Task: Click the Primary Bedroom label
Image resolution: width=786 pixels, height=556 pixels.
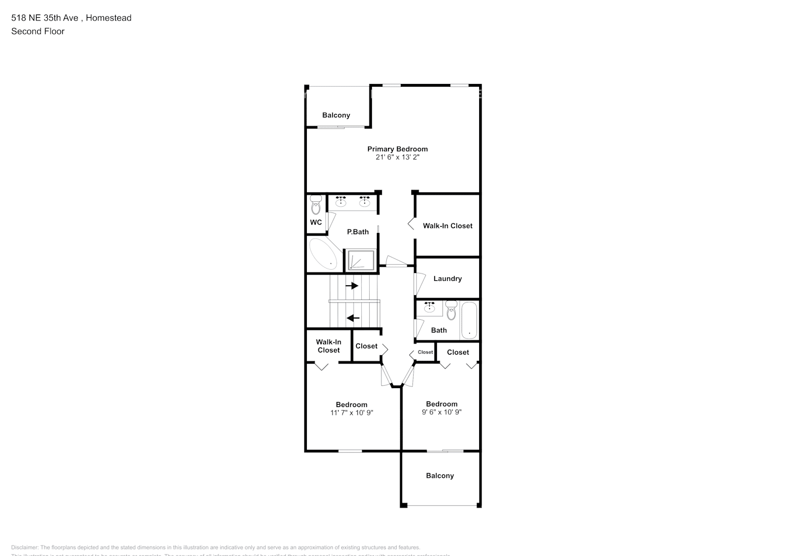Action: (x=397, y=149)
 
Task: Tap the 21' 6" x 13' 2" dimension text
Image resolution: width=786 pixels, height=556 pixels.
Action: (x=397, y=157)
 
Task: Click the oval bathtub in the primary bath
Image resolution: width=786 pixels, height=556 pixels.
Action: (x=323, y=255)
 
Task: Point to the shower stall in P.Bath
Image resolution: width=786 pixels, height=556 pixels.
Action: (x=361, y=260)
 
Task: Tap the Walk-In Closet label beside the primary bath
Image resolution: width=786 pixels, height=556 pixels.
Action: (x=447, y=226)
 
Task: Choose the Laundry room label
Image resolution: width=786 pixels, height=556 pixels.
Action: (x=447, y=279)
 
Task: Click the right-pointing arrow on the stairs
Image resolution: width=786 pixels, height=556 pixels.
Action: (x=352, y=286)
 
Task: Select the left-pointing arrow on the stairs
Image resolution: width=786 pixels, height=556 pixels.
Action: (x=353, y=318)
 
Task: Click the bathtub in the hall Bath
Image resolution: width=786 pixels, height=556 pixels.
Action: (x=469, y=320)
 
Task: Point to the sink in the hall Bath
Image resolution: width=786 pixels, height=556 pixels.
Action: (x=430, y=307)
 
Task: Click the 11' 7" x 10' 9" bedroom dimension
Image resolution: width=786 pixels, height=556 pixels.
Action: (x=351, y=413)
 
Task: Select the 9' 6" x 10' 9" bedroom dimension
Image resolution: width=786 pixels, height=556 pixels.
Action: (x=442, y=412)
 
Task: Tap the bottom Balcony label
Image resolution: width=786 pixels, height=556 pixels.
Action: (x=440, y=476)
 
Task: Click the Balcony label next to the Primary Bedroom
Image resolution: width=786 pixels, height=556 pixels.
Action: (x=336, y=115)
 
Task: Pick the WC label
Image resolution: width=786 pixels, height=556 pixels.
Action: (x=316, y=222)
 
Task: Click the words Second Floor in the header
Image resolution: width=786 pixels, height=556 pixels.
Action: (x=38, y=31)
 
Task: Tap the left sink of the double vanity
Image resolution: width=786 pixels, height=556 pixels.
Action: (x=341, y=201)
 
